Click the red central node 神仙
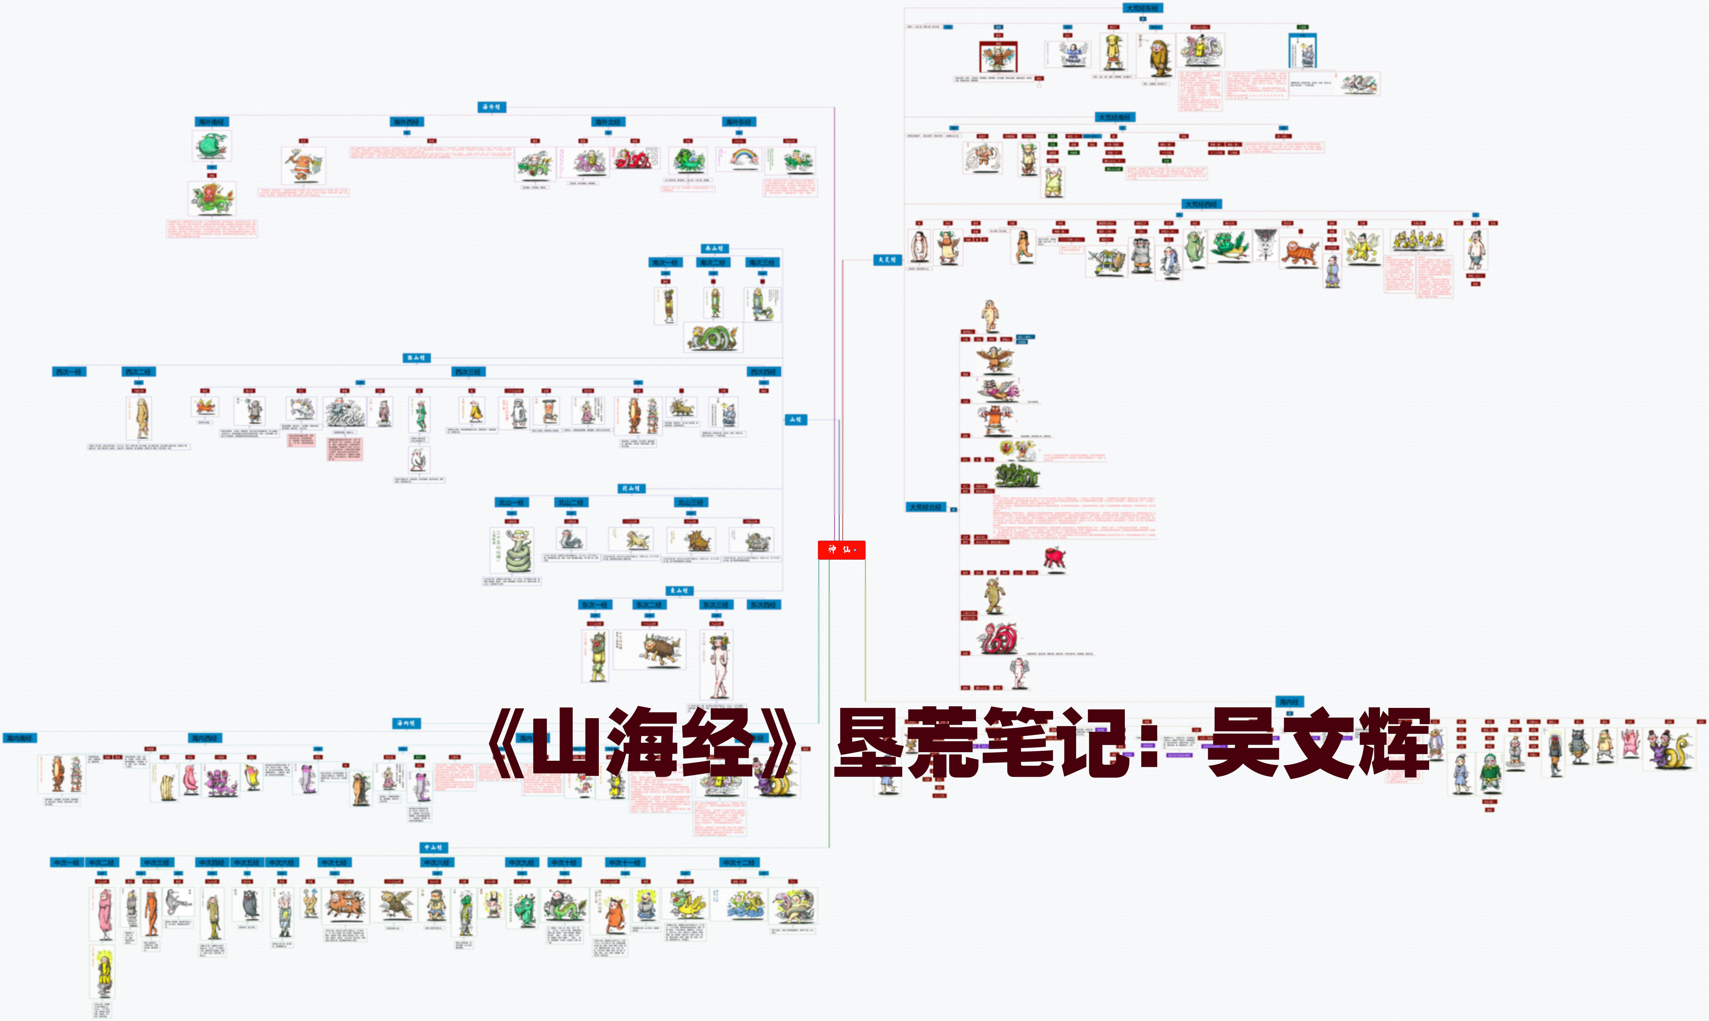(x=840, y=550)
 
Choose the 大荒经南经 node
(x=1115, y=118)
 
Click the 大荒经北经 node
(x=926, y=507)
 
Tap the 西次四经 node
(x=763, y=372)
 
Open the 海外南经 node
(x=211, y=122)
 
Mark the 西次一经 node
(x=69, y=372)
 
